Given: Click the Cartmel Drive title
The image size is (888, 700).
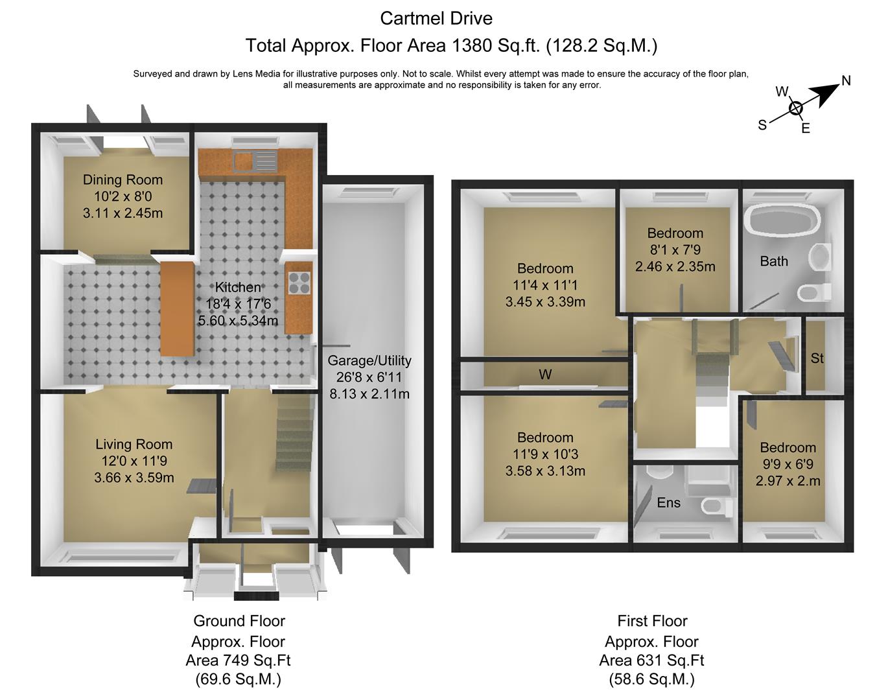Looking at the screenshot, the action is (436, 19).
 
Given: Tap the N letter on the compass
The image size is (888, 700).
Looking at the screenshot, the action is (846, 80).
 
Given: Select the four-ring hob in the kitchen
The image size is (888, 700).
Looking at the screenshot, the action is (299, 283).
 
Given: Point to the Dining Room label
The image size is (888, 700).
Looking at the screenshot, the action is (123, 180).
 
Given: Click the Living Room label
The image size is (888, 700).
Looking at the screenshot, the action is (134, 445).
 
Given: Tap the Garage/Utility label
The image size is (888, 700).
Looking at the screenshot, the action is (369, 361).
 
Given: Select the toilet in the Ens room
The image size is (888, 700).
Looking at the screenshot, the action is (717, 506).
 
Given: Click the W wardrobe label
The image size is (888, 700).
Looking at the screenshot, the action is (545, 375).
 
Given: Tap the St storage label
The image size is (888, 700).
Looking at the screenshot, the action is (817, 358).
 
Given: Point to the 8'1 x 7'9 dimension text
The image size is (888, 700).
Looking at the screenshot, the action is (675, 250).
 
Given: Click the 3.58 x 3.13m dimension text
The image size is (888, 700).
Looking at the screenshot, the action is (545, 471).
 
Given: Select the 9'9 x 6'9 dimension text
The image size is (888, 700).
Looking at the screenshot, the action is (788, 464).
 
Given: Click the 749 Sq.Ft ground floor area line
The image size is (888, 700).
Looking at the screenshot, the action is (238, 660).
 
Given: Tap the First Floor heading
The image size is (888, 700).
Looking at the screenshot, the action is (652, 621).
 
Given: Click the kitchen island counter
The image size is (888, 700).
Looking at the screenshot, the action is (177, 309).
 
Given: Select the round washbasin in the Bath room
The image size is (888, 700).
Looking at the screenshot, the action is (820, 257).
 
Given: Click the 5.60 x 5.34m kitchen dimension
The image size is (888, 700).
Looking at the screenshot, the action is (238, 321).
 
